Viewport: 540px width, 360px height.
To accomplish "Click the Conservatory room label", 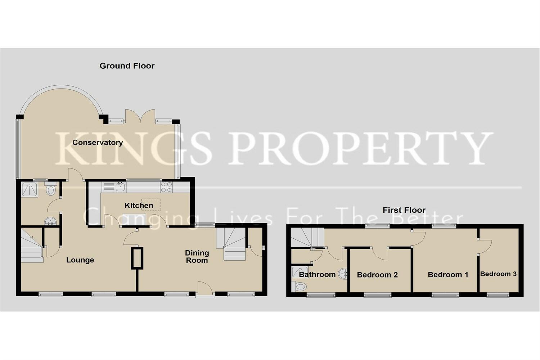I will pos(98,143).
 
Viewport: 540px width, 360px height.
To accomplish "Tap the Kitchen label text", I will pos(139,206).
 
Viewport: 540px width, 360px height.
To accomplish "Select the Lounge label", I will pos(80,260).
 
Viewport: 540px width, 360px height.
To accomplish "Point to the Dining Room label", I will pos(197,257).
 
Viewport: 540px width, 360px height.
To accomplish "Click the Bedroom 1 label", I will pos(448,275).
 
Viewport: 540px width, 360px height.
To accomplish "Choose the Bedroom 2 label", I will pos(377,275).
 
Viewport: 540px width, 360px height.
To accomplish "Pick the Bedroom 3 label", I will pos(498,274).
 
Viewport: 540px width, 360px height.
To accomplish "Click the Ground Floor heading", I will pos(127,66).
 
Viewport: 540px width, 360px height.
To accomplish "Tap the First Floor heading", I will pos(404,210).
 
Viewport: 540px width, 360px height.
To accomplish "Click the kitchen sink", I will pos(120,187).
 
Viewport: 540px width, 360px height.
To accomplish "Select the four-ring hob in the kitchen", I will pos(166,187).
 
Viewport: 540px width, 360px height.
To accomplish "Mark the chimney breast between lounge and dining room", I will pos(137,257).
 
